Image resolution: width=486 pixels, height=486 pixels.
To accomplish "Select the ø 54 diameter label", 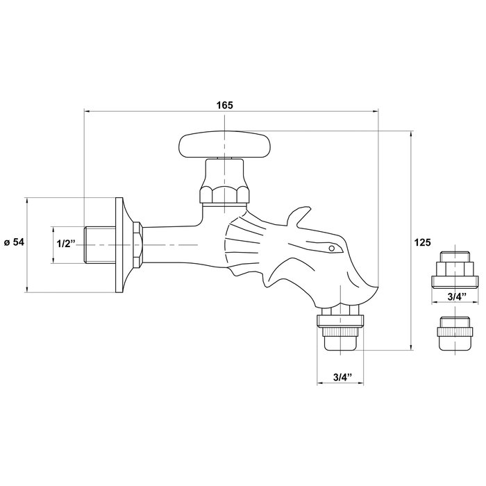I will pyautogui.click(x=14, y=242).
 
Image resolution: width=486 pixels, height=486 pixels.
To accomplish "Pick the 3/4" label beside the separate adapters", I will pyautogui.click(x=456, y=297).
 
